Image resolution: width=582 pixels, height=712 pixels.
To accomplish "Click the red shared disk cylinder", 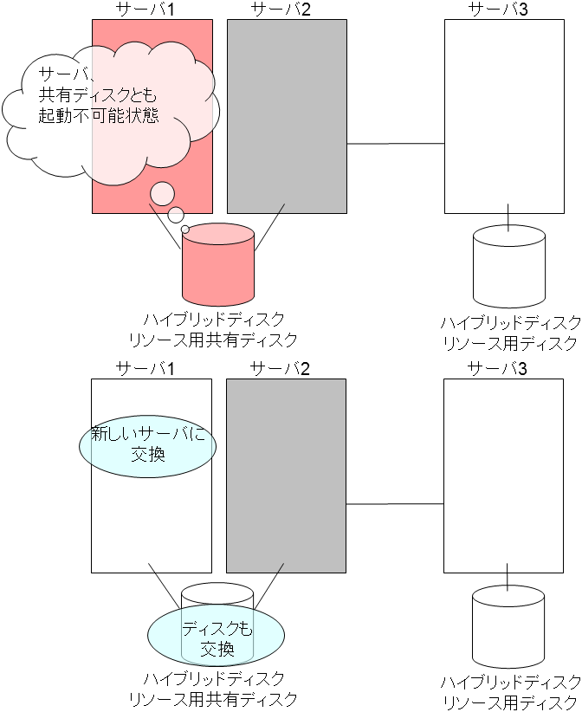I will [x=217, y=269].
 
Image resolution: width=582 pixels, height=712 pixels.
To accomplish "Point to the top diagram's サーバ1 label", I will [x=145, y=10].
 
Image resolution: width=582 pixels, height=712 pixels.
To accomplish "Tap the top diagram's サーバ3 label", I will [x=498, y=10].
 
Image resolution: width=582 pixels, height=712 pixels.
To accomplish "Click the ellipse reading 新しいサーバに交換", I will [x=146, y=443].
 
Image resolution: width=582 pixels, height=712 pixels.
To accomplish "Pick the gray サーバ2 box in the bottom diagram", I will [x=286, y=476].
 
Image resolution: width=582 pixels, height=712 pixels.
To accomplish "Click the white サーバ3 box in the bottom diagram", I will [x=503, y=476].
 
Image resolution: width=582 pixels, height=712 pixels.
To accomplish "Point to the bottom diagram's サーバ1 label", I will [x=145, y=368].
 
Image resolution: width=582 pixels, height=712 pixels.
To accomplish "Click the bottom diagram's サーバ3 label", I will [x=497, y=368].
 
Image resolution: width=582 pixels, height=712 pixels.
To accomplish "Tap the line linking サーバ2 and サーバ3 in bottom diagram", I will [x=395, y=503].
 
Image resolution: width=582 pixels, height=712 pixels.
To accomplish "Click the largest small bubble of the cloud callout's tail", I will [x=162, y=193].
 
